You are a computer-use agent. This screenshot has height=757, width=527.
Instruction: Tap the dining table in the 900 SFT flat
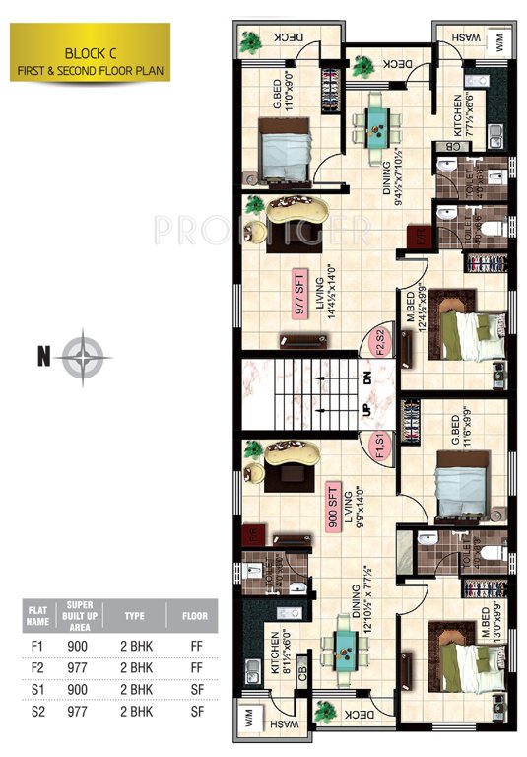(x=346, y=650)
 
